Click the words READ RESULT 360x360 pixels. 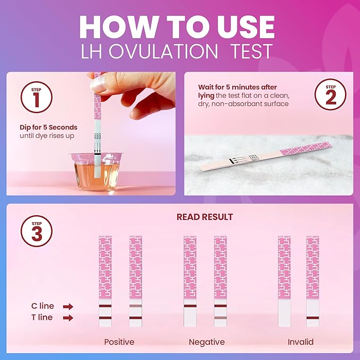click(x=204, y=217)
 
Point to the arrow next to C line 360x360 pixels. click(x=67, y=306)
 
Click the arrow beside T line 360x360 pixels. click(x=67, y=318)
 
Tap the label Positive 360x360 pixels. click(x=119, y=342)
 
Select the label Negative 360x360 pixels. click(x=207, y=342)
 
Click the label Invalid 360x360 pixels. click(x=301, y=342)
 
